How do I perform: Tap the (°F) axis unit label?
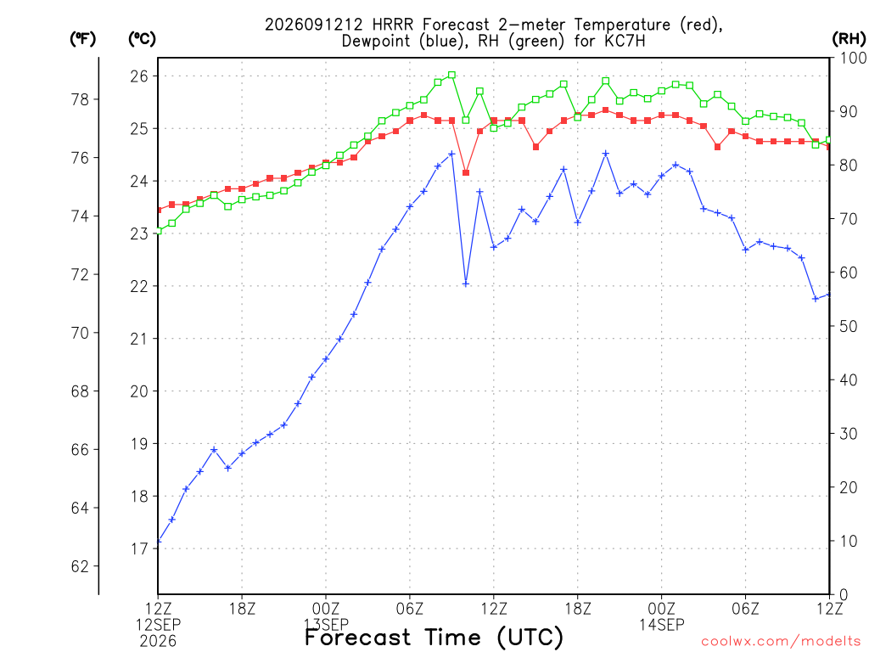[x=82, y=39]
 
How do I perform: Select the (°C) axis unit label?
[x=142, y=39]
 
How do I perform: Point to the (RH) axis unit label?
[x=849, y=39]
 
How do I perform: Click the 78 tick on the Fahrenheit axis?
[x=81, y=100]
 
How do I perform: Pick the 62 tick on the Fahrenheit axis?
[x=81, y=566]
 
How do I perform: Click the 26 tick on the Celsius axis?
[x=140, y=76]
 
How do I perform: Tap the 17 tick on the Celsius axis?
[x=140, y=549]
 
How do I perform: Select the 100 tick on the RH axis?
[x=854, y=58]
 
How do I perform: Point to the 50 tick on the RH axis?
[x=849, y=326]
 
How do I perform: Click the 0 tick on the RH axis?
[x=844, y=594]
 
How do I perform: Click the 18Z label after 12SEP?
[x=242, y=609]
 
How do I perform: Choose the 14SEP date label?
[x=662, y=625]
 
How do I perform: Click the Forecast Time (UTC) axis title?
[x=434, y=637]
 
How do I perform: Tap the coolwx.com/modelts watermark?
[x=781, y=641]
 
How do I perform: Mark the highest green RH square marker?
[x=451, y=75]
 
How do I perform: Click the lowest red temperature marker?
[x=466, y=173]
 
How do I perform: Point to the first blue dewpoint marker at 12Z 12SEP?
[x=159, y=541]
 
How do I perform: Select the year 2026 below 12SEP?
[x=159, y=641]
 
